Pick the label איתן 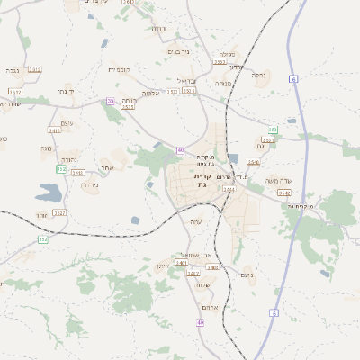coord(164,266)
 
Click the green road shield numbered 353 coord(42,239)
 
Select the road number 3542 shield coord(284,193)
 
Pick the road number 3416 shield coord(55,131)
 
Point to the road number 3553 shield coord(220,63)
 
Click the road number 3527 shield coord(59,212)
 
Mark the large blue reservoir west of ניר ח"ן coord(49,192)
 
